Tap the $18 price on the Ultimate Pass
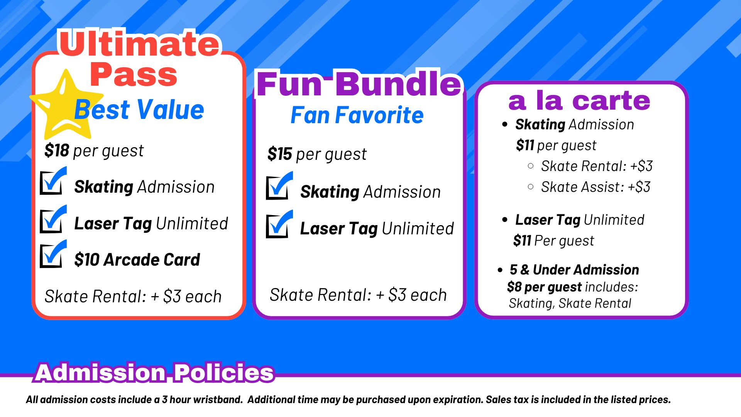57,151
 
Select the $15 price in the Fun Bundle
280,154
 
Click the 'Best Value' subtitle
139,110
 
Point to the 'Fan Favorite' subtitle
357,115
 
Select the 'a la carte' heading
579,100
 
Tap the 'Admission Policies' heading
154,373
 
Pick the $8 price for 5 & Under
514,287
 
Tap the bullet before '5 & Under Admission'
500,270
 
